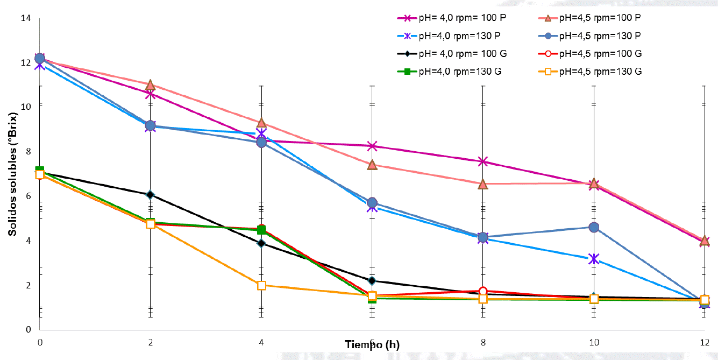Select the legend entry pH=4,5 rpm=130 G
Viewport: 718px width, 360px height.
click(600, 71)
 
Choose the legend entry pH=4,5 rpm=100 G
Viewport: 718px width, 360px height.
click(600, 53)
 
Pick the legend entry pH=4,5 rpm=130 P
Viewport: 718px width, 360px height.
click(600, 36)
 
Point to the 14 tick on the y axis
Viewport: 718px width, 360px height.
click(25, 18)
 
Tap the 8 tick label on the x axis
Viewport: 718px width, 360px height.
click(483, 342)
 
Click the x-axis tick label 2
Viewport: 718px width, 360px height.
click(151, 342)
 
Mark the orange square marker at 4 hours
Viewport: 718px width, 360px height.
click(261, 285)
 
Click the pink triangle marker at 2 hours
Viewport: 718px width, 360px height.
click(151, 85)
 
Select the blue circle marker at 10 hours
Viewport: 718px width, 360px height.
click(594, 227)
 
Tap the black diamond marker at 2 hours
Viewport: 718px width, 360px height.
click(151, 195)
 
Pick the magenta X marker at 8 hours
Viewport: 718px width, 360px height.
click(483, 161)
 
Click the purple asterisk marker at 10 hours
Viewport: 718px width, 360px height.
click(594, 259)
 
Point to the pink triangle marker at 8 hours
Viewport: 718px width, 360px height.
click(483, 184)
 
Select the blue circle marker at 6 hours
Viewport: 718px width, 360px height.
click(372, 202)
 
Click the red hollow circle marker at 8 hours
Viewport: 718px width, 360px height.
click(483, 292)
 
